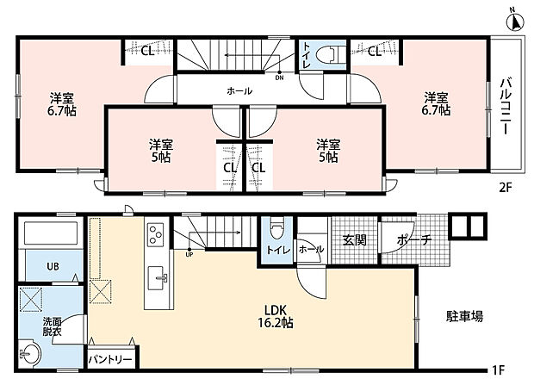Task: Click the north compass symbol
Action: point(517,22)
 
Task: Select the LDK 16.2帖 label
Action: point(276,316)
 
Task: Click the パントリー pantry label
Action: point(109,360)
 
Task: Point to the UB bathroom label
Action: point(53,266)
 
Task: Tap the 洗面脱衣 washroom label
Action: point(52,326)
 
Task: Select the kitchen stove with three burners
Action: point(156,234)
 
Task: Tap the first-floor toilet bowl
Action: point(276,230)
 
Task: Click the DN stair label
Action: point(279,78)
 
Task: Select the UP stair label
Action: point(189,254)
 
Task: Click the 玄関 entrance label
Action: point(355,240)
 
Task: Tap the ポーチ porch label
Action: point(413,240)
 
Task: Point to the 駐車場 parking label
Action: point(464,316)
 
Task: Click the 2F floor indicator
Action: point(506,188)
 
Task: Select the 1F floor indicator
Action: point(498,369)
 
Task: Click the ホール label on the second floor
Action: point(239,91)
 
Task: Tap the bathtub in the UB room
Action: point(51,233)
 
